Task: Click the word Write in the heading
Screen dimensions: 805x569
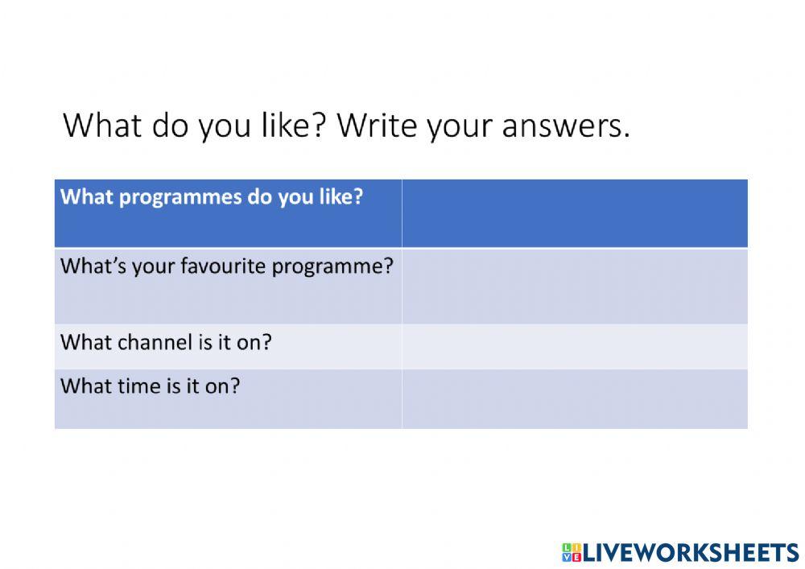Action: [x=377, y=125]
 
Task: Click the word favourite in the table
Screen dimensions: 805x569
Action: [x=223, y=266]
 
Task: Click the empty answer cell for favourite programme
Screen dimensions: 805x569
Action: [x=575, y=287]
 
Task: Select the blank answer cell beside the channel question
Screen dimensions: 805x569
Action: [x=575, y=346]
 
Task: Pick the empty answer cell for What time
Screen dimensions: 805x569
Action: [x=575, y=398]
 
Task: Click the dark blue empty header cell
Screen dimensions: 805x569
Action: [x=575, y=213]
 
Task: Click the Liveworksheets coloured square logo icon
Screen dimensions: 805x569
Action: [x=572, y=553]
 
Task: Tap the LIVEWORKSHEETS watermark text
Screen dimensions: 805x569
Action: [x=691, y=553]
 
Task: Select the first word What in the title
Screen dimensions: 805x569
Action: [x=102, y=125]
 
